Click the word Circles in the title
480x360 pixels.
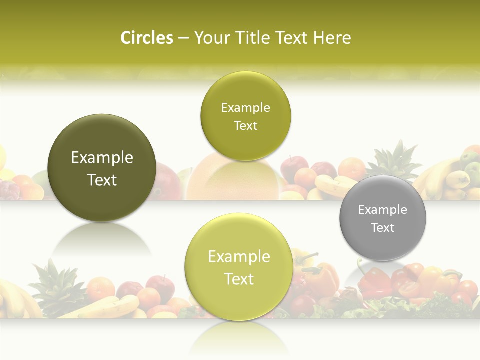click(146, 38)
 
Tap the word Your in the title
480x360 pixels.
click(210, 38)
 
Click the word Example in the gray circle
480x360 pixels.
click(382, 210)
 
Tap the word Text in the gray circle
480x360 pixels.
click(382, 228)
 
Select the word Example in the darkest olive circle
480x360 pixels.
click(102, 158)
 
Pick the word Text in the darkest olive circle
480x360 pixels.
click(102, 180)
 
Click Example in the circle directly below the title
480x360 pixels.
click(245, 108)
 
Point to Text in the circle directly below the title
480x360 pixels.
click(245, 126)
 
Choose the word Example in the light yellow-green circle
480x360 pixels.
click(239, 257)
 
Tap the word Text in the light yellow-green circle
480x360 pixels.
click(239, 279)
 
